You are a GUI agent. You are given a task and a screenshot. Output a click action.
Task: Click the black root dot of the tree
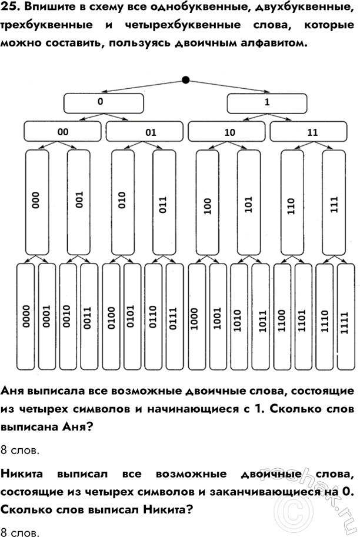[x=186, y=80]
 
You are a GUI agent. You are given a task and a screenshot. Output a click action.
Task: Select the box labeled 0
[x=103, y=103]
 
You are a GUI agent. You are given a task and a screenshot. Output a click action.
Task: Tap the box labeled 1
[x=267, y=103]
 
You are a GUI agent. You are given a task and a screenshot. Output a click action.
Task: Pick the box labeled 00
[x=63, y=132]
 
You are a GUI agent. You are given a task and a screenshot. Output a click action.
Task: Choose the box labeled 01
[x=145, y=132]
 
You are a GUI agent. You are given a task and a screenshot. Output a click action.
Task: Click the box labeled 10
[x=228, y=132]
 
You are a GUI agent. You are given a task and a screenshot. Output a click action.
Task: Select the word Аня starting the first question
[x=15, y=391]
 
